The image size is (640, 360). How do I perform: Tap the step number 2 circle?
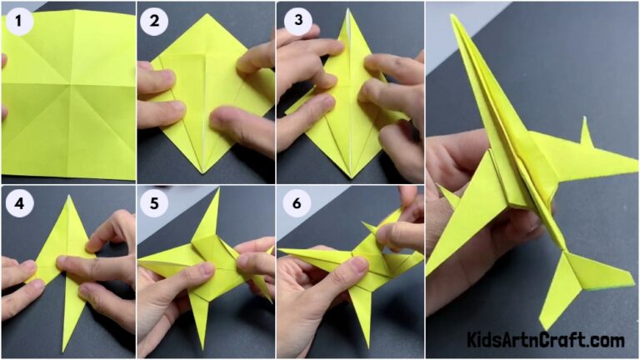tap(154, 20)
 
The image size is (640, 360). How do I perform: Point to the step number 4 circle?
tap(18, 203)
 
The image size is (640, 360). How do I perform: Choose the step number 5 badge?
tap(154, 203)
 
